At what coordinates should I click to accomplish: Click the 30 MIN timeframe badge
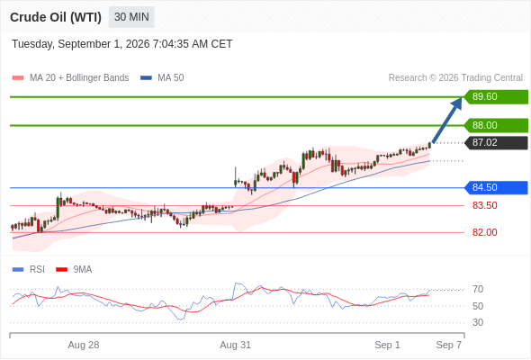131,17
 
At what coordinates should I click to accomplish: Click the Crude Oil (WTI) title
56,17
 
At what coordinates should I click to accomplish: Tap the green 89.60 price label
496,97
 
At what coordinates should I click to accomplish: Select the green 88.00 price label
496,125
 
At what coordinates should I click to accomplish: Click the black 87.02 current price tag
496,142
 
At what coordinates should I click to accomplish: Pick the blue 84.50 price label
496,187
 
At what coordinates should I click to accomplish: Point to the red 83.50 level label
484,205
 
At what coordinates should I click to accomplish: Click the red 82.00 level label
484,232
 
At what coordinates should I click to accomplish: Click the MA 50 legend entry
162,78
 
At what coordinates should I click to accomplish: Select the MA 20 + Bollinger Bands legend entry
70,78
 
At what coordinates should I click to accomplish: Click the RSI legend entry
29,270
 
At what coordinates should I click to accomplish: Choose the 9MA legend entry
74,270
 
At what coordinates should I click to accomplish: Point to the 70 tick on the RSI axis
478,289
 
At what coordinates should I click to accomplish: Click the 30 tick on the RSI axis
478,322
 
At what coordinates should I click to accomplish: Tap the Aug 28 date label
84,345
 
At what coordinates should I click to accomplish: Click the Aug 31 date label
236,345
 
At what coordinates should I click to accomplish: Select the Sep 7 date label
449,345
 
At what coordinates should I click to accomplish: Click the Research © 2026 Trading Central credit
455,78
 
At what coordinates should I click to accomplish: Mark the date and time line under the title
122,44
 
